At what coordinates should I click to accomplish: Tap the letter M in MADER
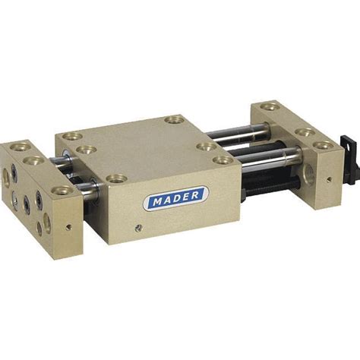(157, 203)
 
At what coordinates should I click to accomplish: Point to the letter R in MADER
(195, 194)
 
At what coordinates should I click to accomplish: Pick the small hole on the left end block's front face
(67, 227)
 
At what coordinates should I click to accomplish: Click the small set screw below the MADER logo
(137, 228)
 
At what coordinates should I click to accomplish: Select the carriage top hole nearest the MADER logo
(116, 178)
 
